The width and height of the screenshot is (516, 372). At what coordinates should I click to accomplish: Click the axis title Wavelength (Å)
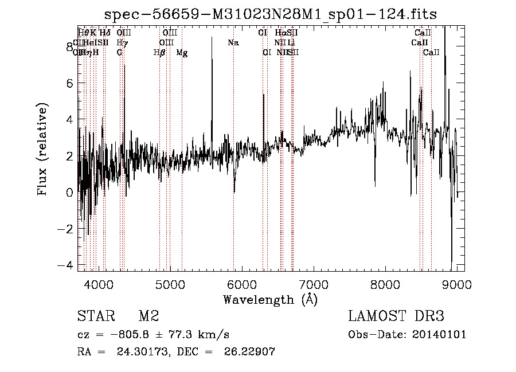[x=270, y=299]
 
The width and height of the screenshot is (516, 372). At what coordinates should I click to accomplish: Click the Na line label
[x=233, y=43]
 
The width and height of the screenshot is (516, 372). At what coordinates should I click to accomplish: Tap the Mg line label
[x=182, y=53]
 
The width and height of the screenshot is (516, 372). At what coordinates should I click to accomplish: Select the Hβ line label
[x=159, y=53]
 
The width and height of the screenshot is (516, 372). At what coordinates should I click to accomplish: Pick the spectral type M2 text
[x=148, y=316]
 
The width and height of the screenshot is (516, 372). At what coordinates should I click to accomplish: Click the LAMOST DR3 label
[x=396, y=316]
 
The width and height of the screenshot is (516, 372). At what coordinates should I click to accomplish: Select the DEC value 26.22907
[x=251, y=352]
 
